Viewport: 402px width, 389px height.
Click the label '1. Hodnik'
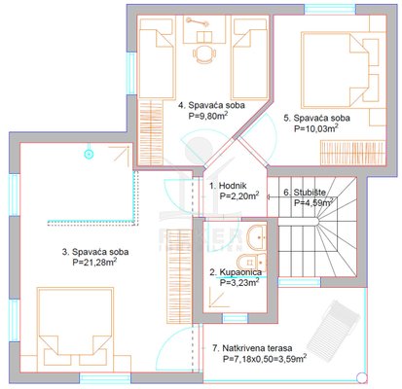[x=228, y=186]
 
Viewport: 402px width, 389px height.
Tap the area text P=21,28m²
[x=95, y=262]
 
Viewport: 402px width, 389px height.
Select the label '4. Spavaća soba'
[x=212, y=105]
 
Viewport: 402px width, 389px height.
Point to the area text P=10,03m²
[x=316, y=128]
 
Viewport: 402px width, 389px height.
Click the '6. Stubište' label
[x=305, y=193]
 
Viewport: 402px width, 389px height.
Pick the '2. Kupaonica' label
[x=236, y=272]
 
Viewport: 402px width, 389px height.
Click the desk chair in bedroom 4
[x=204, y=53]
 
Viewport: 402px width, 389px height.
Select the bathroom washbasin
[x=257, y=237]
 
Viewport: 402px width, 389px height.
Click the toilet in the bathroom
[x=252, y=263]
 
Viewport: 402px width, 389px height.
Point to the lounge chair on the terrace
[x=333, y=324]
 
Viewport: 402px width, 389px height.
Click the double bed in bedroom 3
[x=75, y=329]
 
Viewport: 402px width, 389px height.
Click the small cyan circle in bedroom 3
[x=89, y=154]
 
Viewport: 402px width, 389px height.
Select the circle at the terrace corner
[x=361, y=377]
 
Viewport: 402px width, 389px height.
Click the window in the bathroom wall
[x=235, y=318]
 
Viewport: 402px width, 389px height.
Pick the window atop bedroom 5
[x=330, y=9]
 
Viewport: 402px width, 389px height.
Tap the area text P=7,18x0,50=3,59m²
[x=265, y=359]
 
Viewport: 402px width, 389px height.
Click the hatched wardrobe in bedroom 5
[x=352, y=153]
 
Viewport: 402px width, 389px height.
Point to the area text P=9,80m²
[x=207, y=116]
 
